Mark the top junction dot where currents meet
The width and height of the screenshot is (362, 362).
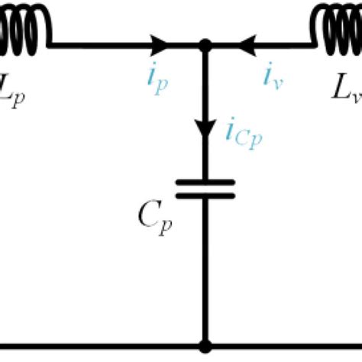205,46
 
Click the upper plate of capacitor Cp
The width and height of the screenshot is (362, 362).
205,182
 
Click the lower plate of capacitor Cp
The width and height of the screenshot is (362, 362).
205,196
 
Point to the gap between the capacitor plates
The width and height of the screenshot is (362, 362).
205,189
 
